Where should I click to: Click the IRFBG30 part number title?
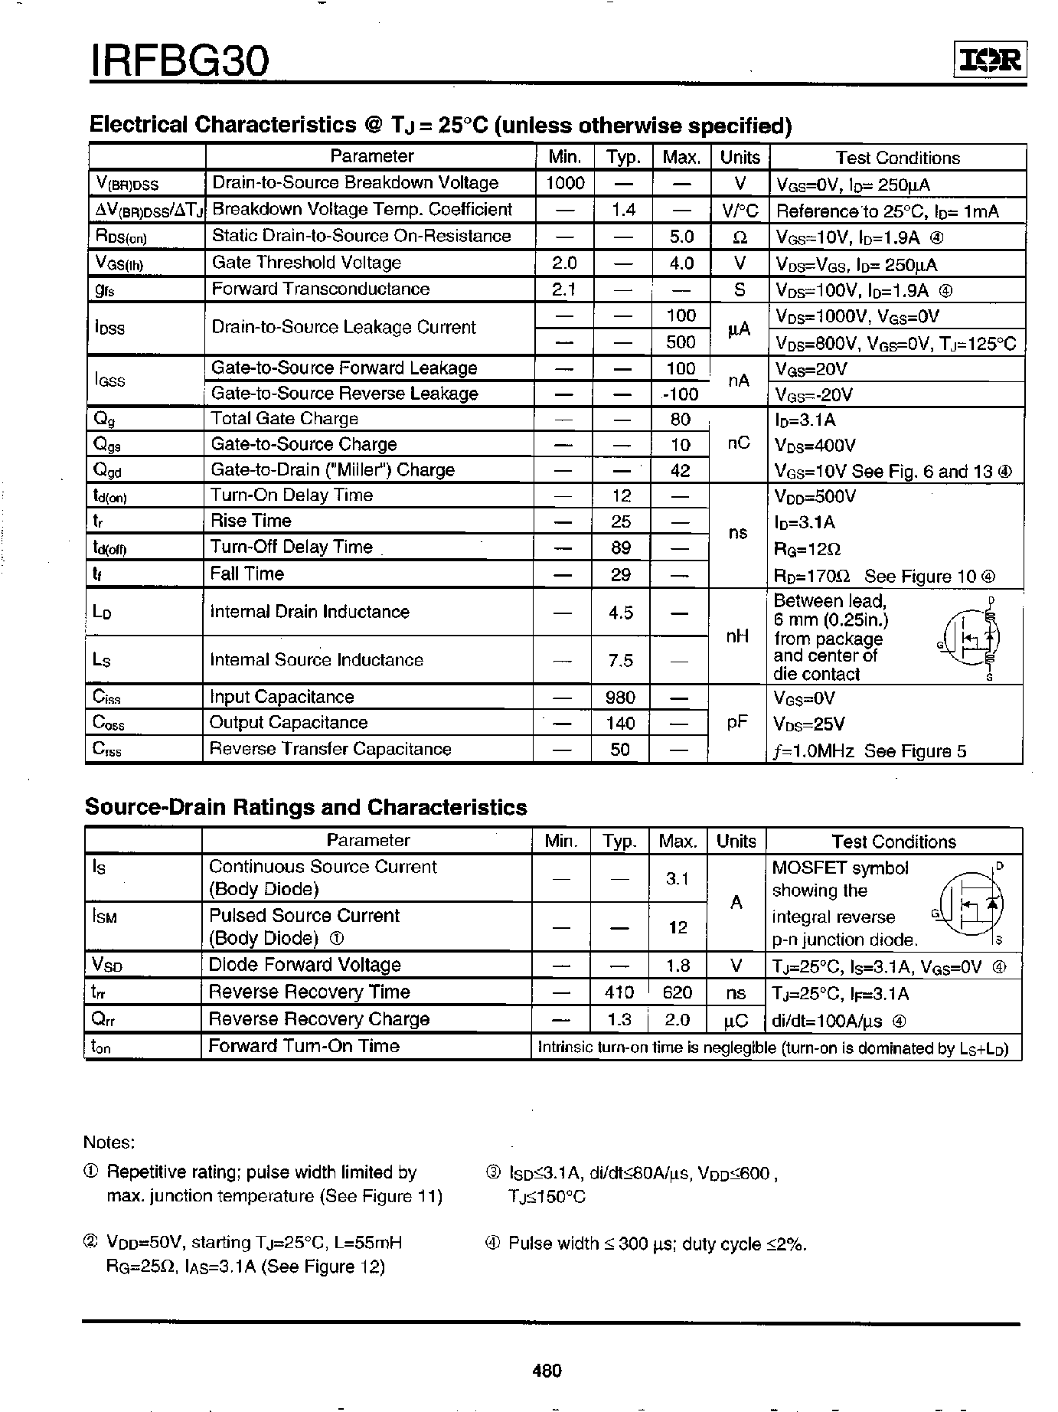(181, 60)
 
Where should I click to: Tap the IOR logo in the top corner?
(989, 60)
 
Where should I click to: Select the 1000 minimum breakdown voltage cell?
(566, 183)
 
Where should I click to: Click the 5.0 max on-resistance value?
(681, 237)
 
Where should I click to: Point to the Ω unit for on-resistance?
(740, 237)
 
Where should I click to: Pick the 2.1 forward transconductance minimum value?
(564, 289)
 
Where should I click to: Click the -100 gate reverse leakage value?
(680, 394)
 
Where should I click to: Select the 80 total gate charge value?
(680, 420)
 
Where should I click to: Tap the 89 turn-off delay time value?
(621, 547)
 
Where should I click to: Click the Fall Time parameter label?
(247, 574)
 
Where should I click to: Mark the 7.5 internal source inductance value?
(621, 660)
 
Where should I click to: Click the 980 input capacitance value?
(620, 697)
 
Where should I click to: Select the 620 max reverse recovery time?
(678, 993)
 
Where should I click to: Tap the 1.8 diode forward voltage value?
(678, 966)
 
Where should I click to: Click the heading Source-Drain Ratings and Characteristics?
(305, 807)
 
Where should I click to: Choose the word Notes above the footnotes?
(109, 1142)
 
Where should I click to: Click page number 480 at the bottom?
(547, 1370)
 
